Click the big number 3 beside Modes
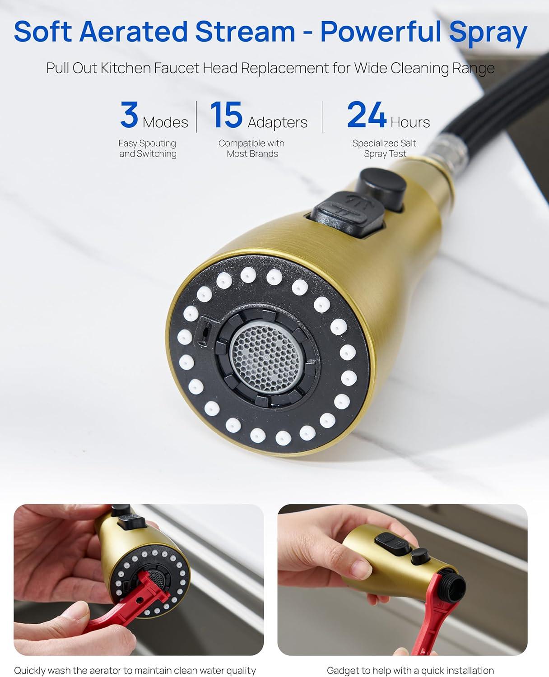pyautogui.click(x=129, y=115)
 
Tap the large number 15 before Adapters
pyautogui.click(x=226, y=115)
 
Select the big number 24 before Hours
pyautogui.click(x=366, y=115)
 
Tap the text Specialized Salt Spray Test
pyautogui.click(x=384, y=148)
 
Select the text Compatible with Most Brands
pyautogui.click(x=251, y=148)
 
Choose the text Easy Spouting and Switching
pyautogui.click(x=147, y=148)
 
